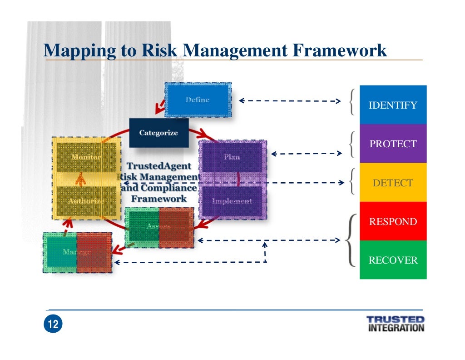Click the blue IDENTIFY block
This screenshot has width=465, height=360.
(393, 105)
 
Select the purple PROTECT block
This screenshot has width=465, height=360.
(393, 144)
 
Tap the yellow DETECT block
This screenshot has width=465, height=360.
(393, 183)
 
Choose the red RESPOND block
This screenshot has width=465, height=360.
(393, 221)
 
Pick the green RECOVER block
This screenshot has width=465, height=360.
(393, 260)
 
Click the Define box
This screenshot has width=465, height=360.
(198, 100)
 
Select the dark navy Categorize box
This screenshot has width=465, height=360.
(158, 133)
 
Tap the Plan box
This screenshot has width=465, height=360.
(232, 157)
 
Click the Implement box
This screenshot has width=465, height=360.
(232, 201)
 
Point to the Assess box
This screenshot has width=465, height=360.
(159, 226)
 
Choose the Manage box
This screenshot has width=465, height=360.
(77, 252)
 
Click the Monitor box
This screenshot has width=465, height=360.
(86, 157)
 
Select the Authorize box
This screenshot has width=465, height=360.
(86, 200)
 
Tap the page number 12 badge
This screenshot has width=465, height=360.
(53, 324)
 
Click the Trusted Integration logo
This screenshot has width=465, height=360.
(395, 324)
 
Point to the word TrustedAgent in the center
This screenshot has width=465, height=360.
(159, 166)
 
